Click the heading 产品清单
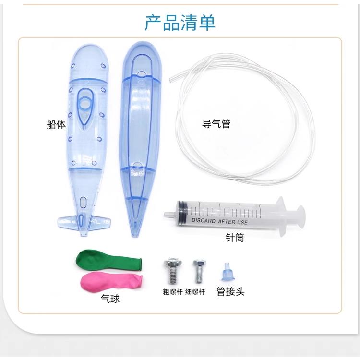pos(180,23)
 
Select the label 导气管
pos(216,124)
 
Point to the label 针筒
pos(235,238)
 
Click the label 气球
pos(110,299)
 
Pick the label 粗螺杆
pos(172,291)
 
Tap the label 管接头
pos(230,291)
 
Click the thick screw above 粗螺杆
pos(171,271)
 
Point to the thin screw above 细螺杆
pos(198,271)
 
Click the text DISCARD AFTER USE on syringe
pos(219,221)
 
